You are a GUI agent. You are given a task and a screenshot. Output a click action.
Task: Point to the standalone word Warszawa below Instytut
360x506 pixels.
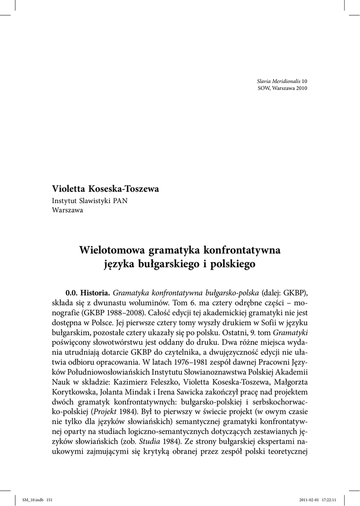68,210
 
